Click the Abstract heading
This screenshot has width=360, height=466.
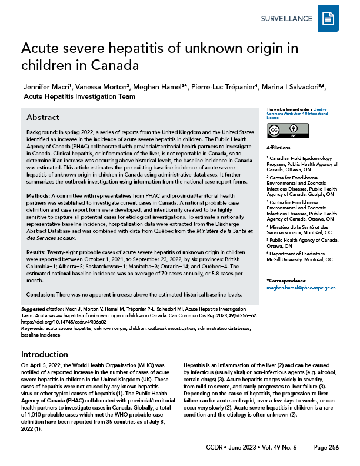pyautogui.click(x=43, y=117)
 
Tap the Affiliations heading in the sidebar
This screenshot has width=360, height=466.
pyautogui.click(x=278, y=147)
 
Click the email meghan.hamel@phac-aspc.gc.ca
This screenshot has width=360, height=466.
pyautogui.click(x=301, y=288)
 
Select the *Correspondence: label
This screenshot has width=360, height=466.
pyautogui.click(x=286, y=281)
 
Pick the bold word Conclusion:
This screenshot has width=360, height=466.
pyautogui.click(x=44, y=294)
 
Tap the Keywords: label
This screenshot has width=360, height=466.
pyautogui.click(x=34, y=328)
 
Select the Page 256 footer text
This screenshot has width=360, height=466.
pyautogui.click(x=326, y=448)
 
